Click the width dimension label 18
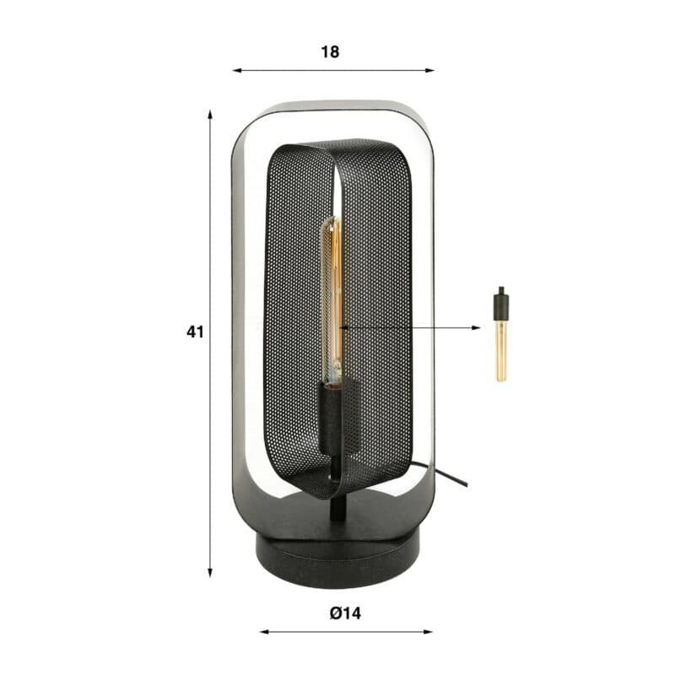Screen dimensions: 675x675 [330, 52]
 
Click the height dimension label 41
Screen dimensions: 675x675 [195, 332]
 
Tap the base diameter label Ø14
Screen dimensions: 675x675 [346, 613]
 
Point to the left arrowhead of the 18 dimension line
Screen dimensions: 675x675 [237, 70]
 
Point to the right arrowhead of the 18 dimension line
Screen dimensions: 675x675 [429, 70]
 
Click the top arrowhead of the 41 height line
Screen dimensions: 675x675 [210, 115]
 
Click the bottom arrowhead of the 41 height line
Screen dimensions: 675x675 [210, 572]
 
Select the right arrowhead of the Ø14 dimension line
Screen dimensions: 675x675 [428, 632]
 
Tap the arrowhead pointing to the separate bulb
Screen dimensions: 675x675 [476, 327]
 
